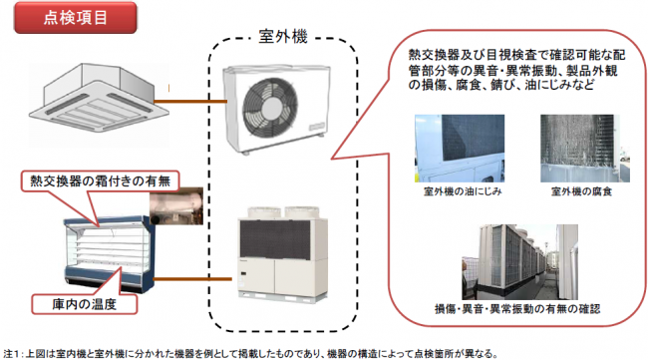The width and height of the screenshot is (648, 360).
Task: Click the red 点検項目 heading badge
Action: pos(78,17)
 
